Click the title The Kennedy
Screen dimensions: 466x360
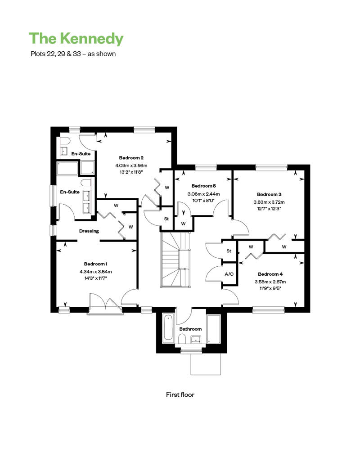click(x=76, y=39)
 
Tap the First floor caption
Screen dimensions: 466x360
click(x=180, y=394)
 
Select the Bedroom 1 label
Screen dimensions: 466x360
click(x=96, y=264)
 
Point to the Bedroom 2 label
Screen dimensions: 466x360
click(x=131, y=158)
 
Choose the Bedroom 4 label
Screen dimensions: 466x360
click(x=270, y=274)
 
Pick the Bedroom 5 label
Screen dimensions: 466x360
click(x=203, y=186)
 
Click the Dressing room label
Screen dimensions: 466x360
click(x=89, y=231)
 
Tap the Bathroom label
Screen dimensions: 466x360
click(x=190, y=329)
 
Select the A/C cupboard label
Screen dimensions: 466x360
click(x=229, y=273)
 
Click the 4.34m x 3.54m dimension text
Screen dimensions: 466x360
click(x=95, y=271)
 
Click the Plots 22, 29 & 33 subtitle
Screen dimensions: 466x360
click(x=73, y=54)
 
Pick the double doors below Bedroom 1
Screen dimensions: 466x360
click(x=105, y=302)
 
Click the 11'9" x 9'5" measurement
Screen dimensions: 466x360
click(x=270, y=289)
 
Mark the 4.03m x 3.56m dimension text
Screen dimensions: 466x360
click(x=131, y=166)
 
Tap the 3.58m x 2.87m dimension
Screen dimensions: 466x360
click(x=270, y=282)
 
